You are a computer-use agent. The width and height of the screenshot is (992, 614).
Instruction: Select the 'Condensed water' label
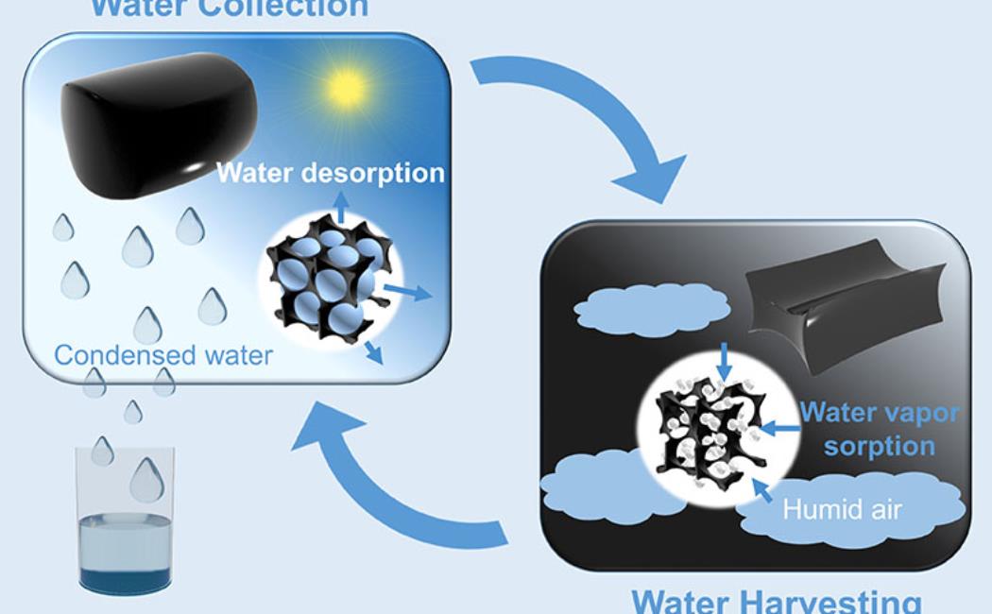tap(163, 355)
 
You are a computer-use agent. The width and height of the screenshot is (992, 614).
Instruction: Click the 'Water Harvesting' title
tap(776, 601)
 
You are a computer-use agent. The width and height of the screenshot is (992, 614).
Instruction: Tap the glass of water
tap(125, 516)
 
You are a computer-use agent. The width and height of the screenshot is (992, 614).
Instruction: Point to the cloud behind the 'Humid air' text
tap(850, 515)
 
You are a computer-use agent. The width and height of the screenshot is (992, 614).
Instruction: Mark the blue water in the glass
tap(124, 548)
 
